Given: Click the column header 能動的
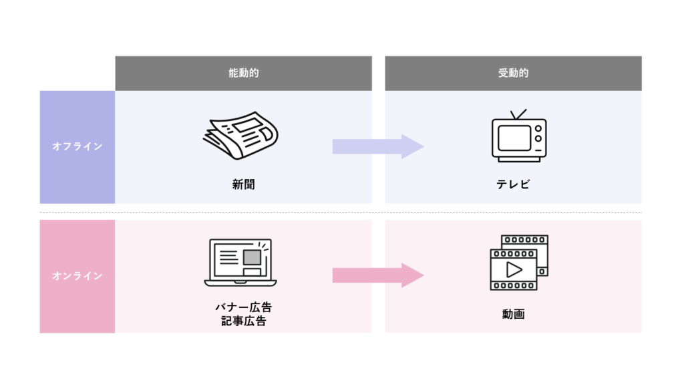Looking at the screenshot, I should [243, 73].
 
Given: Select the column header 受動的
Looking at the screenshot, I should [513, 73].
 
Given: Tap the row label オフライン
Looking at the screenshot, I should [77, 146].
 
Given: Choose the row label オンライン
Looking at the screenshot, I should [77, 275].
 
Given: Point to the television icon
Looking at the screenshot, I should [519, 138].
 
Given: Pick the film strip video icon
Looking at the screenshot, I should [519, 263].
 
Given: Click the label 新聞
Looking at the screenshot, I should [243, 184].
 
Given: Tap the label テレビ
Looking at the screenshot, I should [513, 184].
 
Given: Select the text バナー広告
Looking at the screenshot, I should [243, 307].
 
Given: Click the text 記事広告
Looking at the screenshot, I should [243, 322].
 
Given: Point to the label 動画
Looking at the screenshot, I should [513, 313].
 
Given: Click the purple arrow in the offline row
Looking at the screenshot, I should [378, 146].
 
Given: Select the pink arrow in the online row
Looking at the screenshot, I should [378, 275].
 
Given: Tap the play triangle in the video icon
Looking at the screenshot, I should [514, 269].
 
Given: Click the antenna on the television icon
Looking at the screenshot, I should [518, 114].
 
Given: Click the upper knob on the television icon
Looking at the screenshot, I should [538, 128].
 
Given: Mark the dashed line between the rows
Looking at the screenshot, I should [341, 213].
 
